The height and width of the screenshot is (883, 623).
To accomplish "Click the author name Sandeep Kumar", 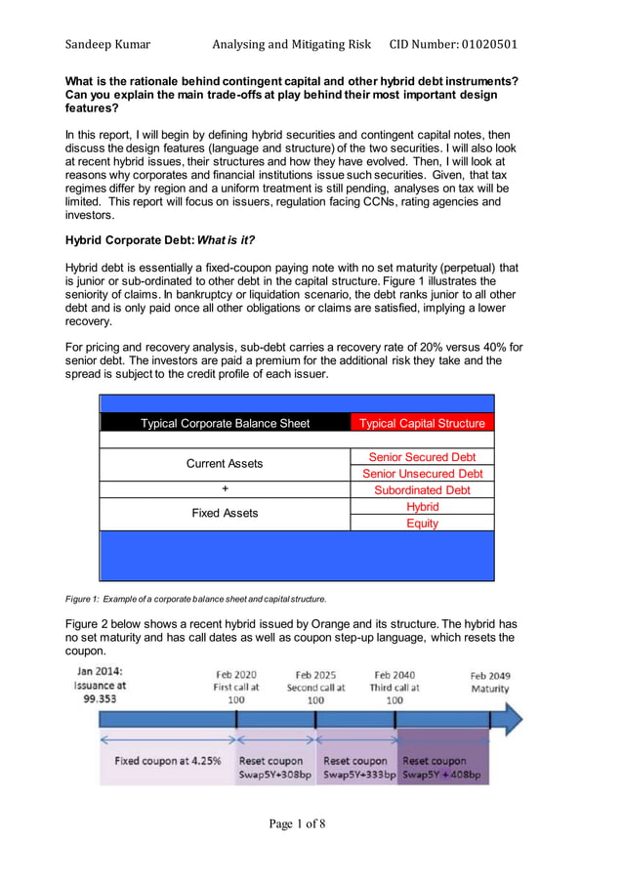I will (106, 44).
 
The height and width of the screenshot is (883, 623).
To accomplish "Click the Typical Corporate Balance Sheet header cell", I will (225, 423).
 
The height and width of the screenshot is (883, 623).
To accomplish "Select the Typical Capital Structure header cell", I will (422, 423).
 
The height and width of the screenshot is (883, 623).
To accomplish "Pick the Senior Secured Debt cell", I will (422, 457).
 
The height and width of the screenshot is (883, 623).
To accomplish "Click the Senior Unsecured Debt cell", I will (422, 474).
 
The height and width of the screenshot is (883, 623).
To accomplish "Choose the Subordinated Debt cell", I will (422, 490).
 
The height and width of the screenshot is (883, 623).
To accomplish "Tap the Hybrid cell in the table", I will (422, 507).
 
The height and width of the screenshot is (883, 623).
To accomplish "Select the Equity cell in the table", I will (422, 524).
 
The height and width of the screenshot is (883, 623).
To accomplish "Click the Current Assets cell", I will (225, 464).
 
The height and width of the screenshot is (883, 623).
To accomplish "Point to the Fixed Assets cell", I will (225, 513).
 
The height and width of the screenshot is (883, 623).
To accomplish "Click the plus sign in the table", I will (225, 489).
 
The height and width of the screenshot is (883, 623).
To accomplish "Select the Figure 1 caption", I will (195, 598).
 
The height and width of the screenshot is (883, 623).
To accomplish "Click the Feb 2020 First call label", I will (237, 687).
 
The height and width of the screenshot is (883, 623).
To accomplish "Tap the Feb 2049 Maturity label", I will (489, 682).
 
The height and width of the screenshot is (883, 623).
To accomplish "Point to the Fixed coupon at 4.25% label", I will (168, 761).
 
